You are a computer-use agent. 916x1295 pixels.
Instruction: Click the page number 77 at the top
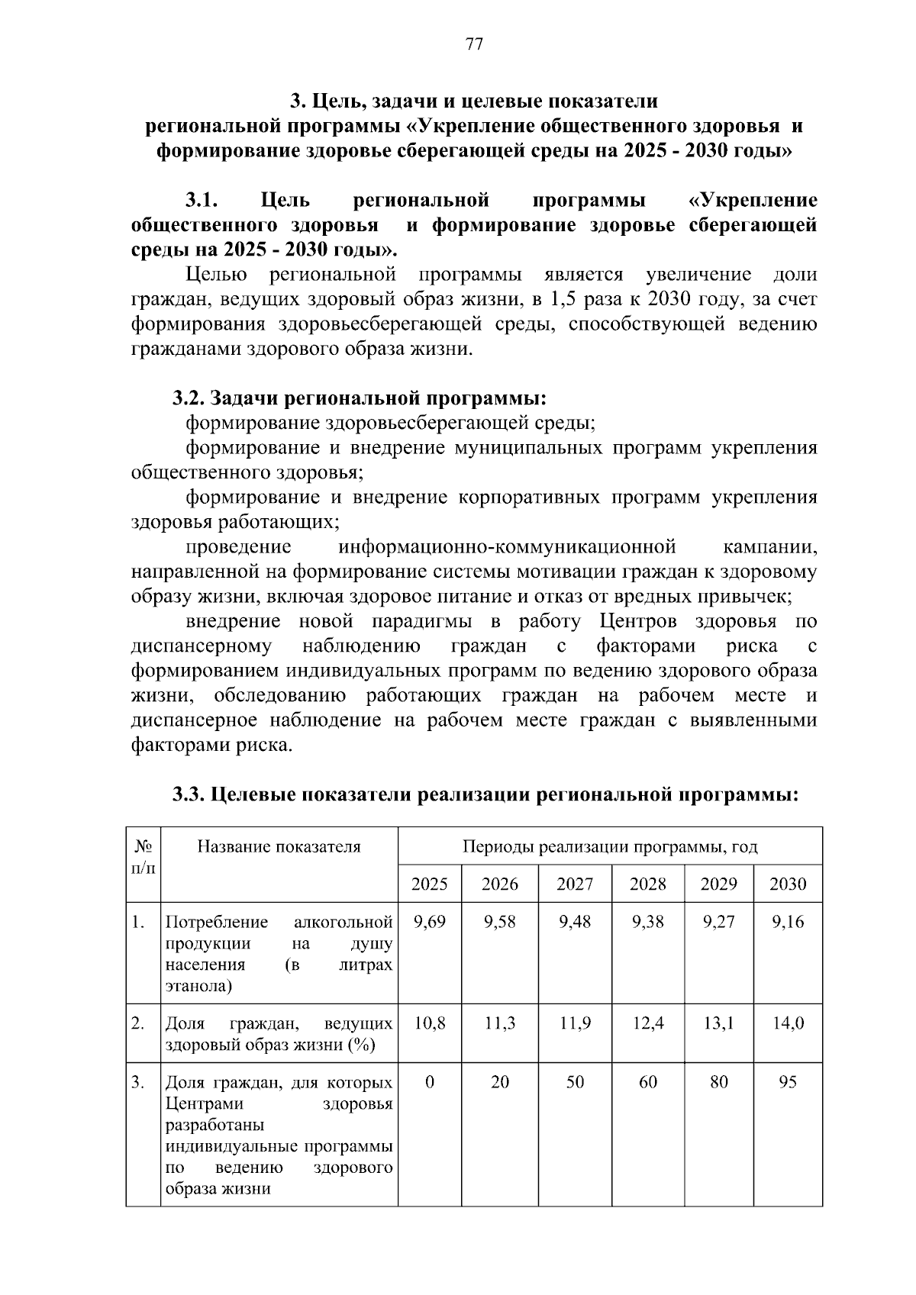473,44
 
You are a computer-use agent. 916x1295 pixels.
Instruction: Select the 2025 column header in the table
429,884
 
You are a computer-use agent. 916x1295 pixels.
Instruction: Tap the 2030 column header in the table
788,884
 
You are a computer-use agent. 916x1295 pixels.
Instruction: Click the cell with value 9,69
429,922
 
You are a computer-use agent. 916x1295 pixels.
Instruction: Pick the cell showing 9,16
788,922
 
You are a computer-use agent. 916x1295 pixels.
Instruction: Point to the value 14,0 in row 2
788,1023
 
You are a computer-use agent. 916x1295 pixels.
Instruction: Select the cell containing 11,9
575,1023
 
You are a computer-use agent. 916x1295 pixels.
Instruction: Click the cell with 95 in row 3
788,1082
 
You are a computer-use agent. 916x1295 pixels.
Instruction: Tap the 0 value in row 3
429,1082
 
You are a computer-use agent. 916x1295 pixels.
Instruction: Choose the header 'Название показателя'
279,846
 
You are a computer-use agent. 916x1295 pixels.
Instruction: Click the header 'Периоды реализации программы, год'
609,846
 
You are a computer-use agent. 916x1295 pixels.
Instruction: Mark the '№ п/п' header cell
143,857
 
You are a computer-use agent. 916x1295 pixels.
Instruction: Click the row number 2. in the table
137,1023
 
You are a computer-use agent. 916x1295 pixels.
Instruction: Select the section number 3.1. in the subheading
202,201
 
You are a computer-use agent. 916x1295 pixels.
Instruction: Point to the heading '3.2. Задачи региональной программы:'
359,398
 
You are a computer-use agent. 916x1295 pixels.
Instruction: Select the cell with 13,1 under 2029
718,1023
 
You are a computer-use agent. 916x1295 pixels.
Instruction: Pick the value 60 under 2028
647,1082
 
